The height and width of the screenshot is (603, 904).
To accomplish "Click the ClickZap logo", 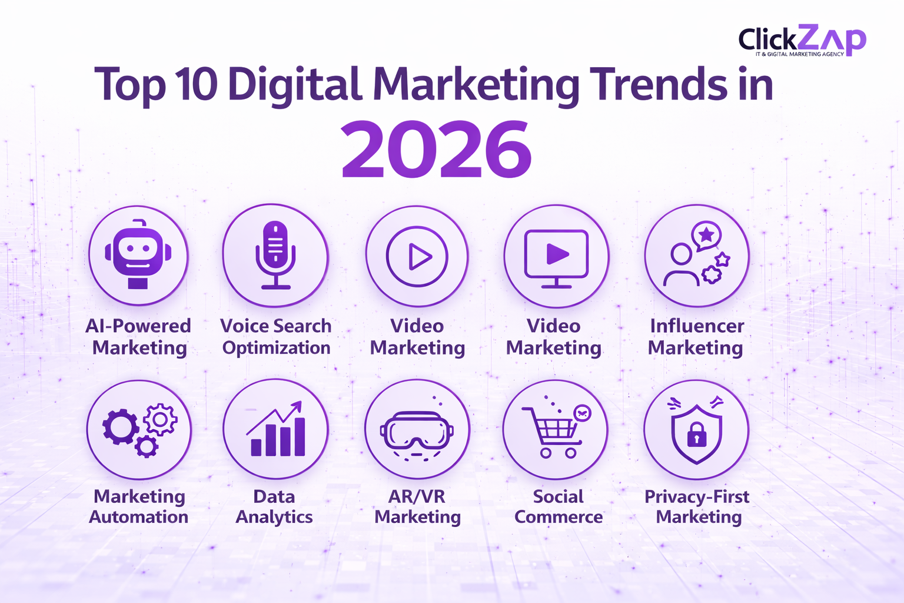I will click(x=802, y=40).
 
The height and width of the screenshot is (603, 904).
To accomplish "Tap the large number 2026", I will click(x=436, y=150).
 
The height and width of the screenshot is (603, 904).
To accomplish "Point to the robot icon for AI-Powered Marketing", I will click(x=138, y=254).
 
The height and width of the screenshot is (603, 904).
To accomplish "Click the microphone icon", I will click(x=275, y=254).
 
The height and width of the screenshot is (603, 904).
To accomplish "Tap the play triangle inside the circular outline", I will click(x=419, y=257).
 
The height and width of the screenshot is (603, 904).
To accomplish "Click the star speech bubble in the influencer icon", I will click(x=706, y=236).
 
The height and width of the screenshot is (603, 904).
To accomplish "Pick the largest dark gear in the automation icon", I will click(x=120, y=426).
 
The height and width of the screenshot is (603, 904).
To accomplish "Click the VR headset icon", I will click(x=417, y=431).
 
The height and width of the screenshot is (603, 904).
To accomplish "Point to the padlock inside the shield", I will click(x=697, y=435).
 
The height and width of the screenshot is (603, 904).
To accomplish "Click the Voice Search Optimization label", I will click(x=275, y=337).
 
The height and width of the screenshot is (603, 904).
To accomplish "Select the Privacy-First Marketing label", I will click(x=697, y=506).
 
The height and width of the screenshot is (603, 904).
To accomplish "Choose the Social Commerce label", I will click(x=558, y=506).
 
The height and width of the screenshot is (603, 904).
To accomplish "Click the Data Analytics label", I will click(x=274, y=506).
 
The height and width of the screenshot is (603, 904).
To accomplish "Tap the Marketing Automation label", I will click(x=139, y=506).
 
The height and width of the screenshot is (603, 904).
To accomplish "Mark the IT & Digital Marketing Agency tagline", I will click(x=799, y=54).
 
